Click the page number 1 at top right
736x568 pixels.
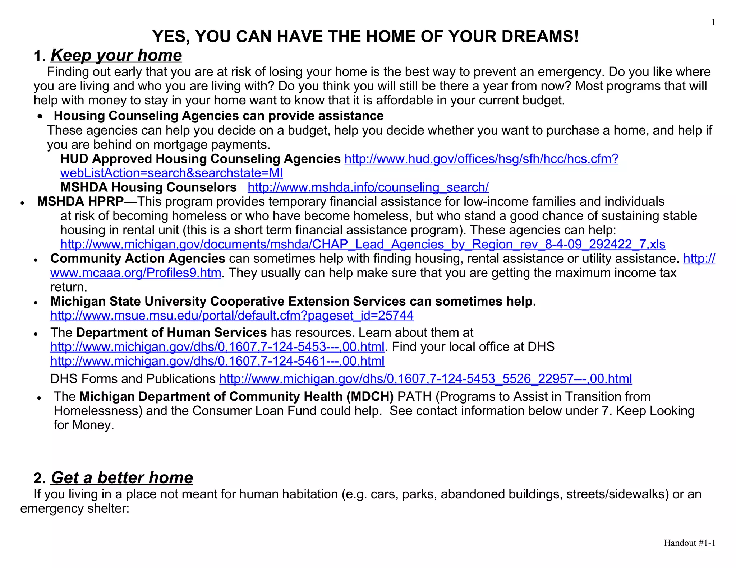click(713, 22)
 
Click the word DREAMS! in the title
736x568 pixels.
click(536, 37)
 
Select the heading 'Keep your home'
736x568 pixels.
click(116, 55)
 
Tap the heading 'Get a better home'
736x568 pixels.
click(122, 478)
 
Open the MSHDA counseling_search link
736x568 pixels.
click(368, 187)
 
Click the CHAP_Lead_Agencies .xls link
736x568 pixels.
click(363, 245)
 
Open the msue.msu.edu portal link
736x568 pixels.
click(232, 316)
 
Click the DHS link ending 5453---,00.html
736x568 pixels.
click(217, 347)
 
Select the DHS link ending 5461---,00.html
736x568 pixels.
click(217, 361)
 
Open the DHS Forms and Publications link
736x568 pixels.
click(425, 379)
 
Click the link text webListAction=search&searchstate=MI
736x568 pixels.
click(171, 173)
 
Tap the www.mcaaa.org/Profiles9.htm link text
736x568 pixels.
click(135, 273)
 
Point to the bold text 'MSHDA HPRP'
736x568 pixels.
click(80, 202)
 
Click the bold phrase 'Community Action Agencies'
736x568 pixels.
click(138, 259)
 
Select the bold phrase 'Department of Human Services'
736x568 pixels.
click(171, 332)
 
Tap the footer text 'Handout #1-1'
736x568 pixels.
click(689, 543)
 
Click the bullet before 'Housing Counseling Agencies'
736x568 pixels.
click(41, 116)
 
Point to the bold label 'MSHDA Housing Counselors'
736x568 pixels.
click(148, 187)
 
